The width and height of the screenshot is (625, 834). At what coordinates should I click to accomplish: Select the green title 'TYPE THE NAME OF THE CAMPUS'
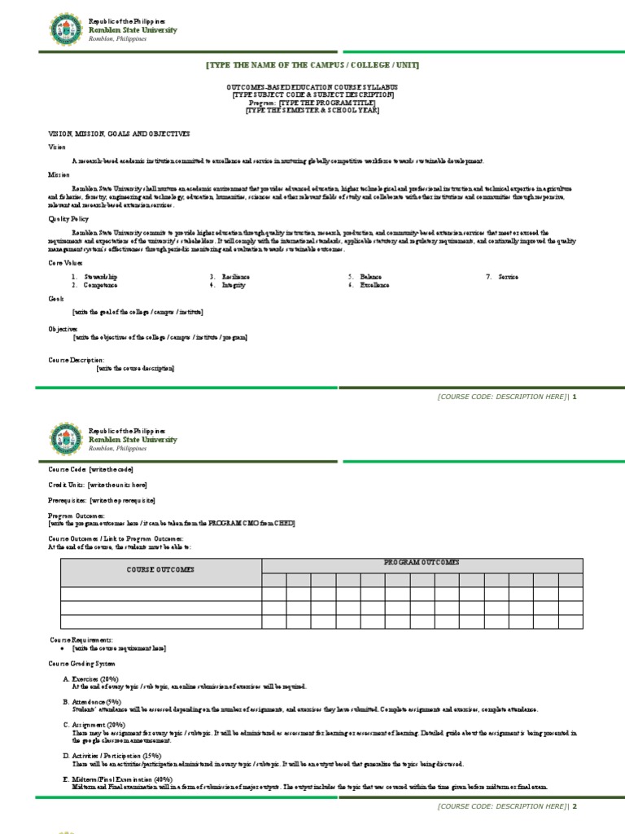click(312, 65)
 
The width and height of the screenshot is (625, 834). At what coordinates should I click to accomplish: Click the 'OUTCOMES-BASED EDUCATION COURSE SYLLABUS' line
click(312, 87)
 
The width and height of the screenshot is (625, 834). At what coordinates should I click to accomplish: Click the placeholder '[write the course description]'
click(135, 368)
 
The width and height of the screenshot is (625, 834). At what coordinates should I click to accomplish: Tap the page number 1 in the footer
click(574, 397)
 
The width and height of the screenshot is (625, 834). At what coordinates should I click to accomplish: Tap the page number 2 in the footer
click(574, 806)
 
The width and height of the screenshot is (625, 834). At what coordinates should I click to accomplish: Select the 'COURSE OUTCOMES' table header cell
click(160, 570)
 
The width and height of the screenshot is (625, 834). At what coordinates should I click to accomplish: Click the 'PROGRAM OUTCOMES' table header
click(422, 563)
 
